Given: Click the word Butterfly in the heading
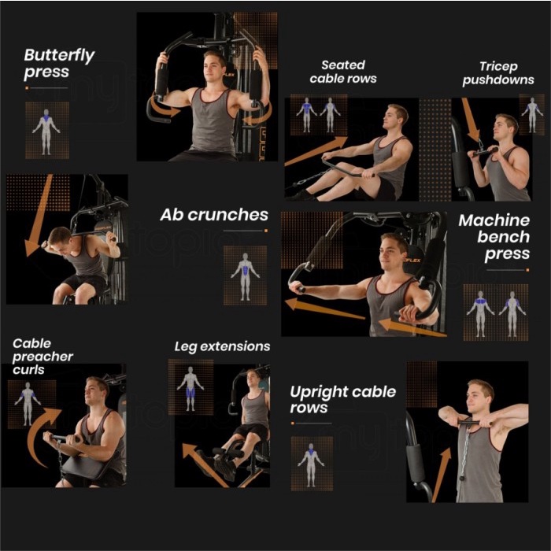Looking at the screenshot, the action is point(59,56).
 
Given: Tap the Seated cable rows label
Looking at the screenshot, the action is point(343,72).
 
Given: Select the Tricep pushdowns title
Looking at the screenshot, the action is point(498,73).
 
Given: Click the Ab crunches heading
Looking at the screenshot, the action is point(214,215).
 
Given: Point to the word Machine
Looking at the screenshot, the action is point(494,220).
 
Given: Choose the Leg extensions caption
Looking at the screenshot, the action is point(223,347).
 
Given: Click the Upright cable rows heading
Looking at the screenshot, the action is point(343,400).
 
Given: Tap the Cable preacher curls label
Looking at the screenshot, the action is point(43,357).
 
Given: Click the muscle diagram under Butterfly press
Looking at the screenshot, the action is point(46,131).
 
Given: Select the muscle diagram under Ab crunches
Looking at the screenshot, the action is point(245,277).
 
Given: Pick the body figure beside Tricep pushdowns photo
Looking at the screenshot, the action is point(532,115).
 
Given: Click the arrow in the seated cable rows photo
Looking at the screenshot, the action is point(316,151).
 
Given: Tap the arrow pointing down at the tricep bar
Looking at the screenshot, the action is point(470,120).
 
